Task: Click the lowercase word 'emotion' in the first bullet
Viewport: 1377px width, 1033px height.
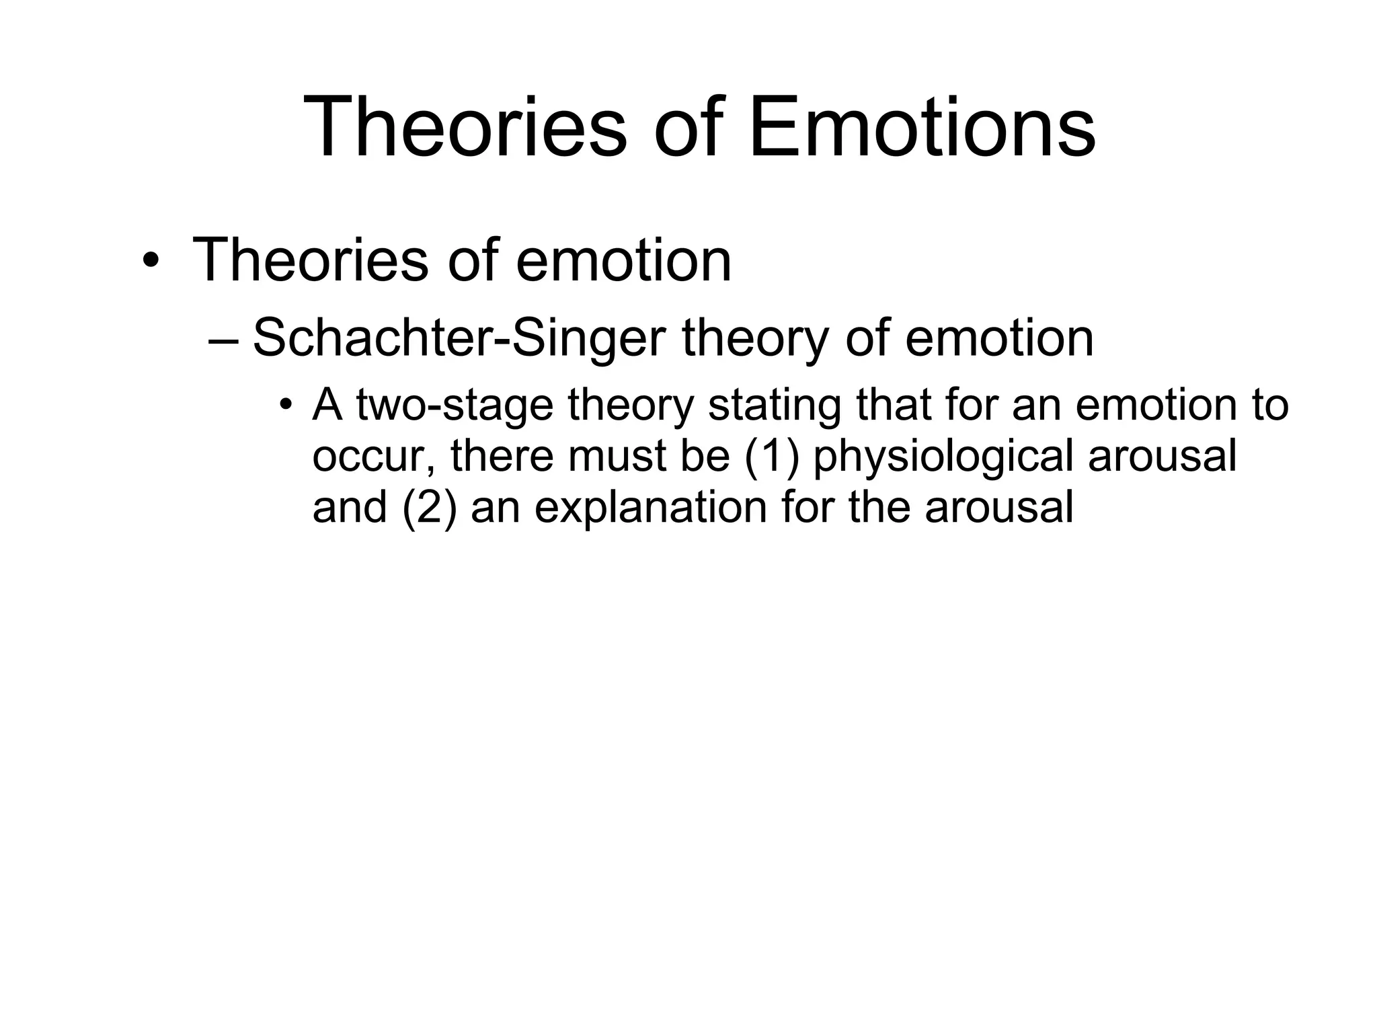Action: click(x=623, y=261)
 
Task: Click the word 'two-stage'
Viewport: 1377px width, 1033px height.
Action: click(x=455, y=406)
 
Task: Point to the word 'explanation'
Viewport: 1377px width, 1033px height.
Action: click(x=650, y=507)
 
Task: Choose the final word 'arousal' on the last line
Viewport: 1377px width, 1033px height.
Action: click(x=998, y=507)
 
